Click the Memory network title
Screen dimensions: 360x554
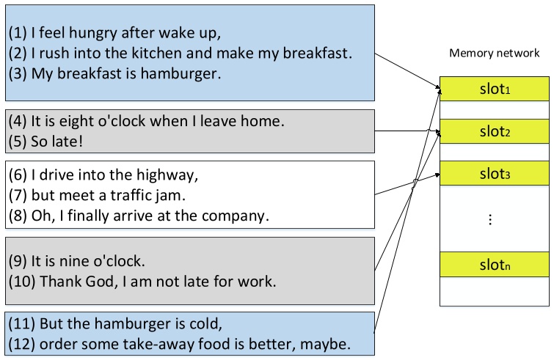pyautogui.click(x=494, y=54)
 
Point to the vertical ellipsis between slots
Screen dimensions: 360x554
pyautogui.click(x=491, y=220)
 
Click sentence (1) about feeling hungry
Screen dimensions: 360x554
pyautogui.click(x=114, y=34)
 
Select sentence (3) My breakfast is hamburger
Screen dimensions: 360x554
pyautogui.click(x=114, y=74)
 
